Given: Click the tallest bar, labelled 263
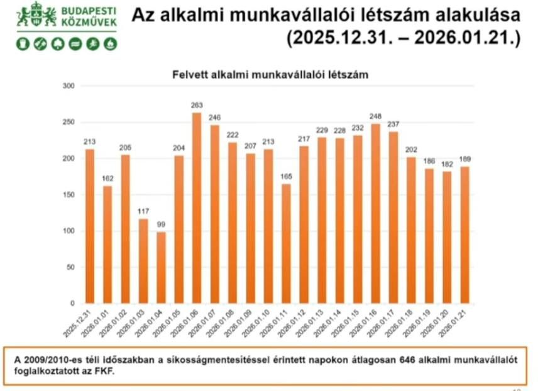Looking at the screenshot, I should click(197, 208).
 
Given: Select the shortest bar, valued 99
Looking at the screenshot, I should click(161, 268).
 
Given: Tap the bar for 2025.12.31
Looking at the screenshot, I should click(90, 226).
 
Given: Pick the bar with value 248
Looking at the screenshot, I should click(375, 214).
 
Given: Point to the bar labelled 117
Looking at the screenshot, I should click(143, 262).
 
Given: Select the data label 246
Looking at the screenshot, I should click(215, 118).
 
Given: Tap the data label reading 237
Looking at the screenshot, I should click(393, 124).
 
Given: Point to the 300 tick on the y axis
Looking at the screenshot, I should click(69, 85).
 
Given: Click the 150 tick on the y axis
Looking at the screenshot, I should click(69, 195).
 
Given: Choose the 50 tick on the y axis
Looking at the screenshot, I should click(70, 268).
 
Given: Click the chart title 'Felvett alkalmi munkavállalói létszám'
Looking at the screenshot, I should click(270, 74).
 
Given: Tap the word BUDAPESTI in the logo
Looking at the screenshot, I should click(89, 11).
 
